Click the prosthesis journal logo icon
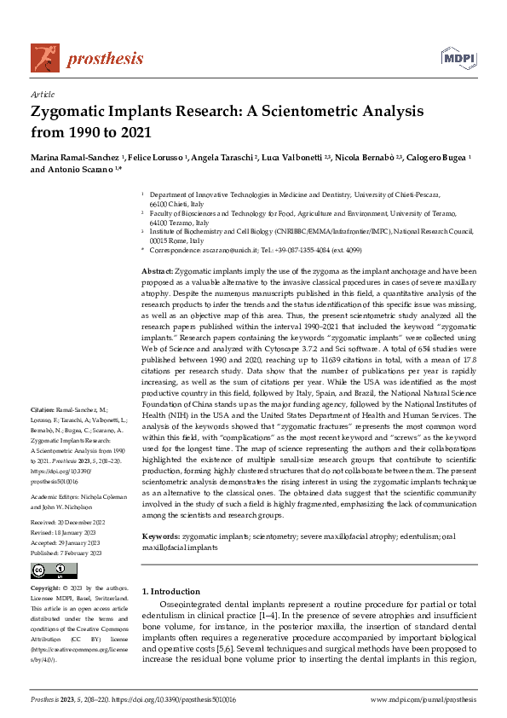45,57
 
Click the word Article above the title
42,95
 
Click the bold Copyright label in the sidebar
47,588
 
